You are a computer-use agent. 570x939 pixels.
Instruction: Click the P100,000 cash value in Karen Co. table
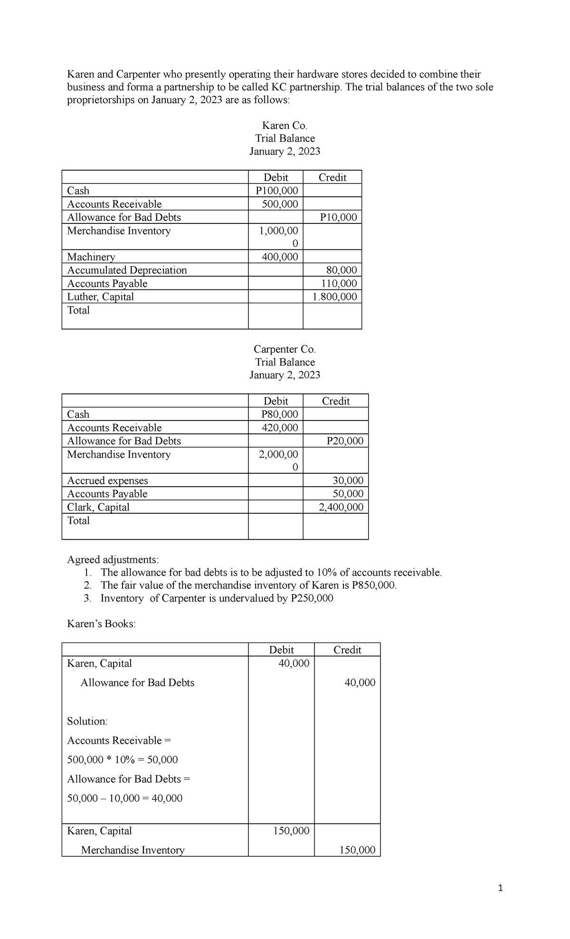276,191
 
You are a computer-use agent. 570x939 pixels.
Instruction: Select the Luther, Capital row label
100,297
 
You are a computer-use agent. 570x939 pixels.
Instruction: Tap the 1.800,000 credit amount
334,297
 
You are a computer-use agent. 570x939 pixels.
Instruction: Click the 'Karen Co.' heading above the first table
285,125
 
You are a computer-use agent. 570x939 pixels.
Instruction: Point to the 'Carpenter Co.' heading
285,349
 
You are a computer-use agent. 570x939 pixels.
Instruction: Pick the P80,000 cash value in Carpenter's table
280,414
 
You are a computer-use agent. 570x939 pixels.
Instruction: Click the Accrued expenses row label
107,480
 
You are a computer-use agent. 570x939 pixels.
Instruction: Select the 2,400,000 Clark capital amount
341,507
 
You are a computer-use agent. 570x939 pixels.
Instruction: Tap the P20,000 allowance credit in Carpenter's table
345,441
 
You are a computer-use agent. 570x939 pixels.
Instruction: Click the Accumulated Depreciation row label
127,270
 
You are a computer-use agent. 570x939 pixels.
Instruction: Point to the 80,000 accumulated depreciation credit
342,270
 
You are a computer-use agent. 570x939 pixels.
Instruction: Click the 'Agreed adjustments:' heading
113,559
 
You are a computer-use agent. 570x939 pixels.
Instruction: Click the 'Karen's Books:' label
101,624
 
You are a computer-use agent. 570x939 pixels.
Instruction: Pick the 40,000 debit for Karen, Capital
294,663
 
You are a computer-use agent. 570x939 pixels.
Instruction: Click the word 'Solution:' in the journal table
87,721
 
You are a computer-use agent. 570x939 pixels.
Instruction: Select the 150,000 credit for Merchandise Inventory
357,850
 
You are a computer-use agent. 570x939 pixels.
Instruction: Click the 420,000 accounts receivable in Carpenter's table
280,428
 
